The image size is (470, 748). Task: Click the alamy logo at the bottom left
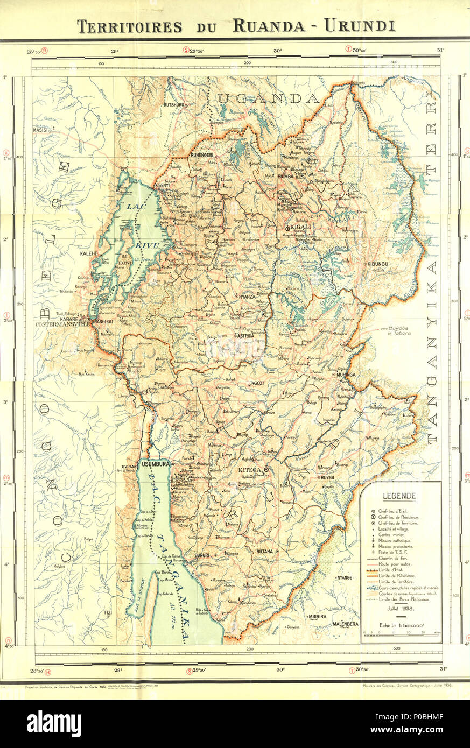(x=54, y=723)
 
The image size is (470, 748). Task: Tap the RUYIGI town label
(x=327, y=477)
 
